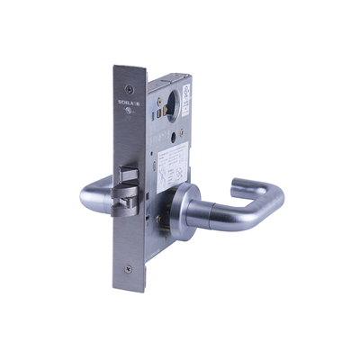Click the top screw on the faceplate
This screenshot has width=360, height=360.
[130, 87]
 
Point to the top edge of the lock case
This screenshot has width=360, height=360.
[180, 69]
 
